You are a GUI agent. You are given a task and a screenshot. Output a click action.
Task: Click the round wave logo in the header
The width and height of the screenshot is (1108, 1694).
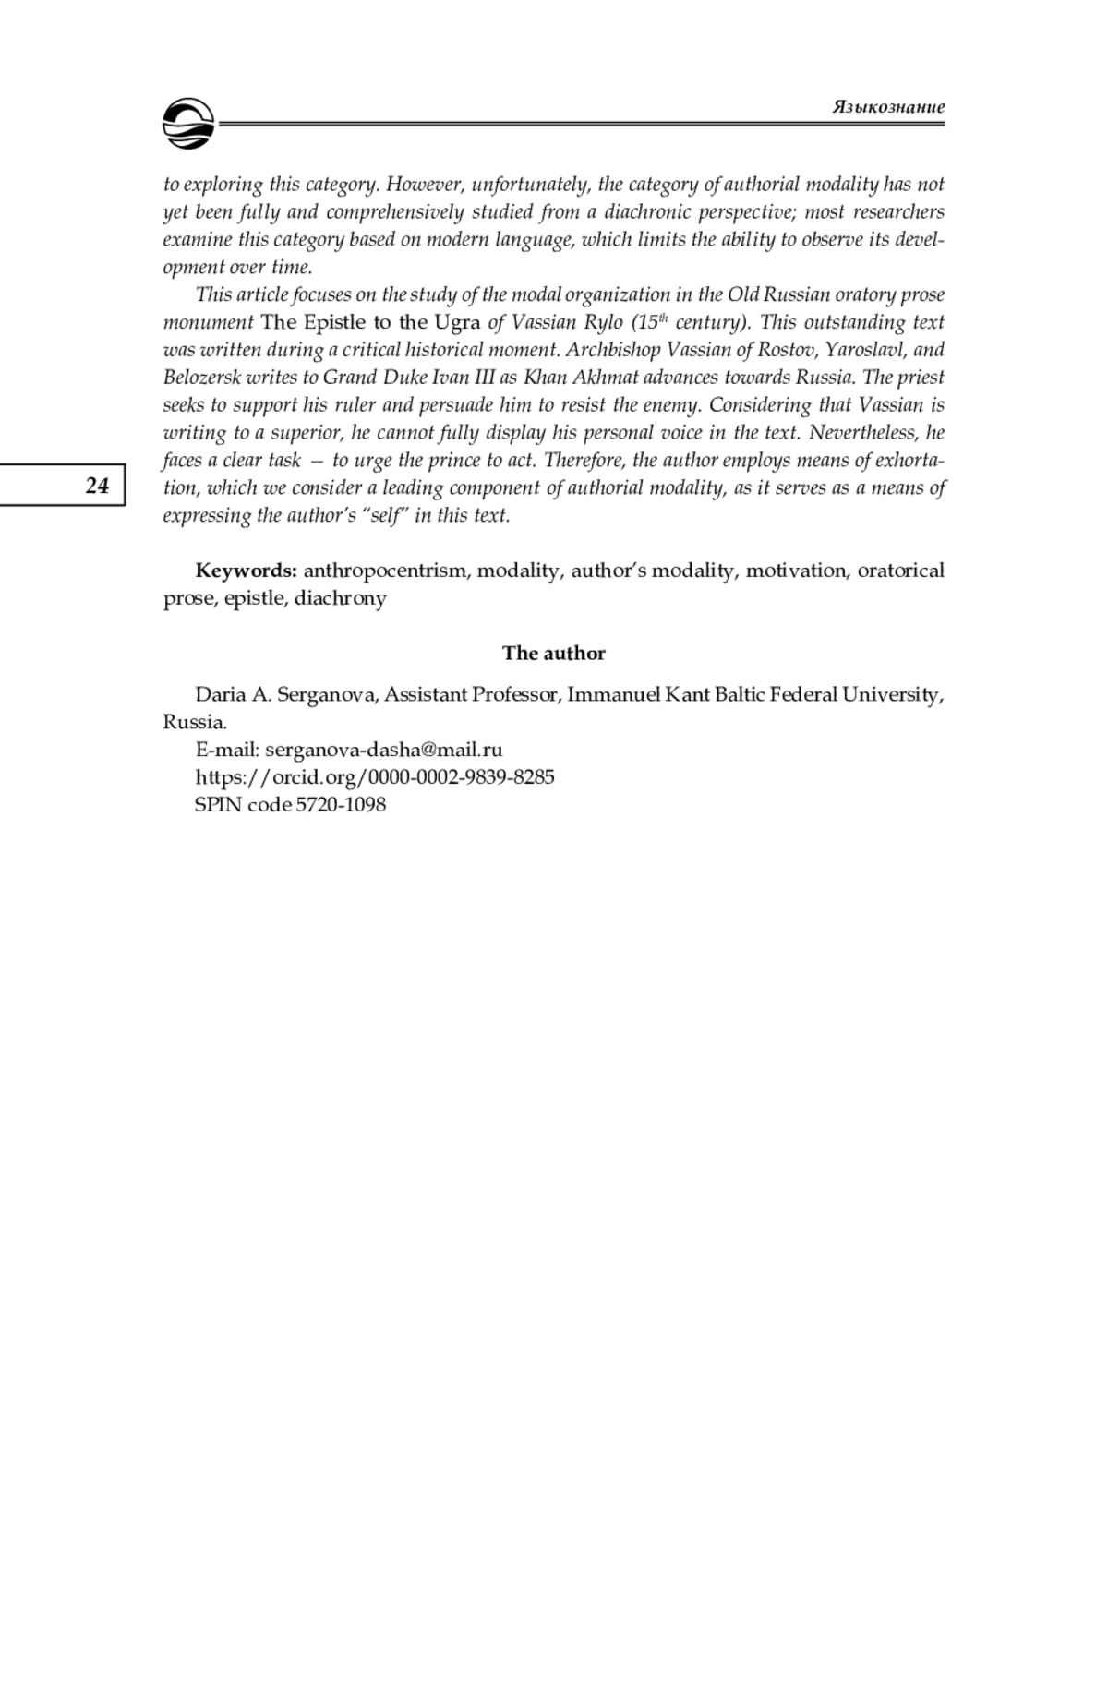tap(188, 124)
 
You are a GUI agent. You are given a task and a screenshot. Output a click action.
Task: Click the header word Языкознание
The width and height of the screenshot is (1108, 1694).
tap(888, 106)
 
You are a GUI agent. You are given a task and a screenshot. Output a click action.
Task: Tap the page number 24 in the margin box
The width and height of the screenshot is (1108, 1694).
tap(97, 486)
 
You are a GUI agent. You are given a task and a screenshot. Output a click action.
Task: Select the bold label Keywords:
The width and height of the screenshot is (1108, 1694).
tap(246, 571)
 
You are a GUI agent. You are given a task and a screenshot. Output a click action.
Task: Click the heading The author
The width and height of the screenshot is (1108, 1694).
tap(554, 654)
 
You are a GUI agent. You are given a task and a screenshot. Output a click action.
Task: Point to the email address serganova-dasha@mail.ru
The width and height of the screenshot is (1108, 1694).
tap(384, 750)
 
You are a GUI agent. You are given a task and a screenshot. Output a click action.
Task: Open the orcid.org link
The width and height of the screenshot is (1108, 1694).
tap(375, 777)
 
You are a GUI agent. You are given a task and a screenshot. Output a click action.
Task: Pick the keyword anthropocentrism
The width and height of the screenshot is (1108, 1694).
tap(386, 571)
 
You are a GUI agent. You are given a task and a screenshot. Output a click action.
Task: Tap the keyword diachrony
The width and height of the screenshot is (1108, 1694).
tap(341, 598)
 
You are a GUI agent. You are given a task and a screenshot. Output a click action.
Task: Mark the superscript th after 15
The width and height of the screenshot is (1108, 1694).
tap(661, 318)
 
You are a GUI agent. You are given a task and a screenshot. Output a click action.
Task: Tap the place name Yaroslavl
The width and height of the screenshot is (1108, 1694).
tap(865, 350)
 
